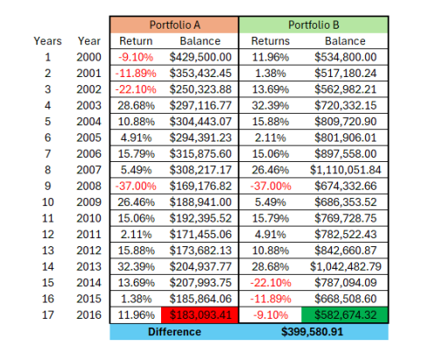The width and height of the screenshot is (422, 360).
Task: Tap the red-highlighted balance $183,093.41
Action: click(206, 315)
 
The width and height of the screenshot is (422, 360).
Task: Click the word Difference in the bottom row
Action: click(174, 332)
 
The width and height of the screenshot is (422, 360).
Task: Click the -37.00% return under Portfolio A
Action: click(130, 185)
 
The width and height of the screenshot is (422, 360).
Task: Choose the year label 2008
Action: click(88, 185)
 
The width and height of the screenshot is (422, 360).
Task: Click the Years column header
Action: click(47, 40)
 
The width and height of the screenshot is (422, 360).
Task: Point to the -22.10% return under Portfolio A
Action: click(130, 89)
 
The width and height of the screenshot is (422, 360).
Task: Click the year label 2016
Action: click(88, 315)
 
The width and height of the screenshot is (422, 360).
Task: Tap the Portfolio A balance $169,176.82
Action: click(206, 185)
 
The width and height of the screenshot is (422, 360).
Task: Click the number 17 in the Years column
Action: click(47, 315)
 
